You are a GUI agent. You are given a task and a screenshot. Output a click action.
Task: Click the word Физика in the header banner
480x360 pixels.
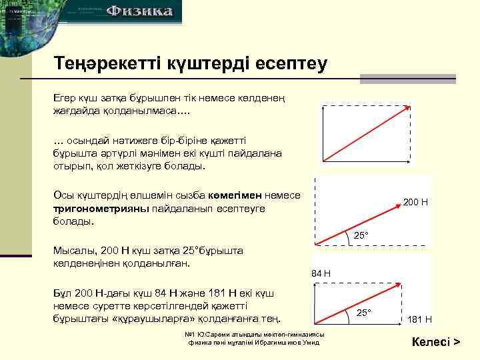pos(141,11)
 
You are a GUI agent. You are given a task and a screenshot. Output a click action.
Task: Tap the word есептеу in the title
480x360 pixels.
pos(289,64)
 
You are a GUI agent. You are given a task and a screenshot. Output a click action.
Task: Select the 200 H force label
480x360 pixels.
pos(415,201)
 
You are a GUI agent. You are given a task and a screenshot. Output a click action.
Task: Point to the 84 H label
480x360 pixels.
pos(321,273)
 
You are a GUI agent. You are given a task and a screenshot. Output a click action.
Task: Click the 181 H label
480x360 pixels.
pos(420,319)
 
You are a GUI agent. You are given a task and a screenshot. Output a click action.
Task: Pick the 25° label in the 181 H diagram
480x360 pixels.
pos(363,313)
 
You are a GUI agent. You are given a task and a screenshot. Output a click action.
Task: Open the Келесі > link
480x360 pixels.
pos(436,343)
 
